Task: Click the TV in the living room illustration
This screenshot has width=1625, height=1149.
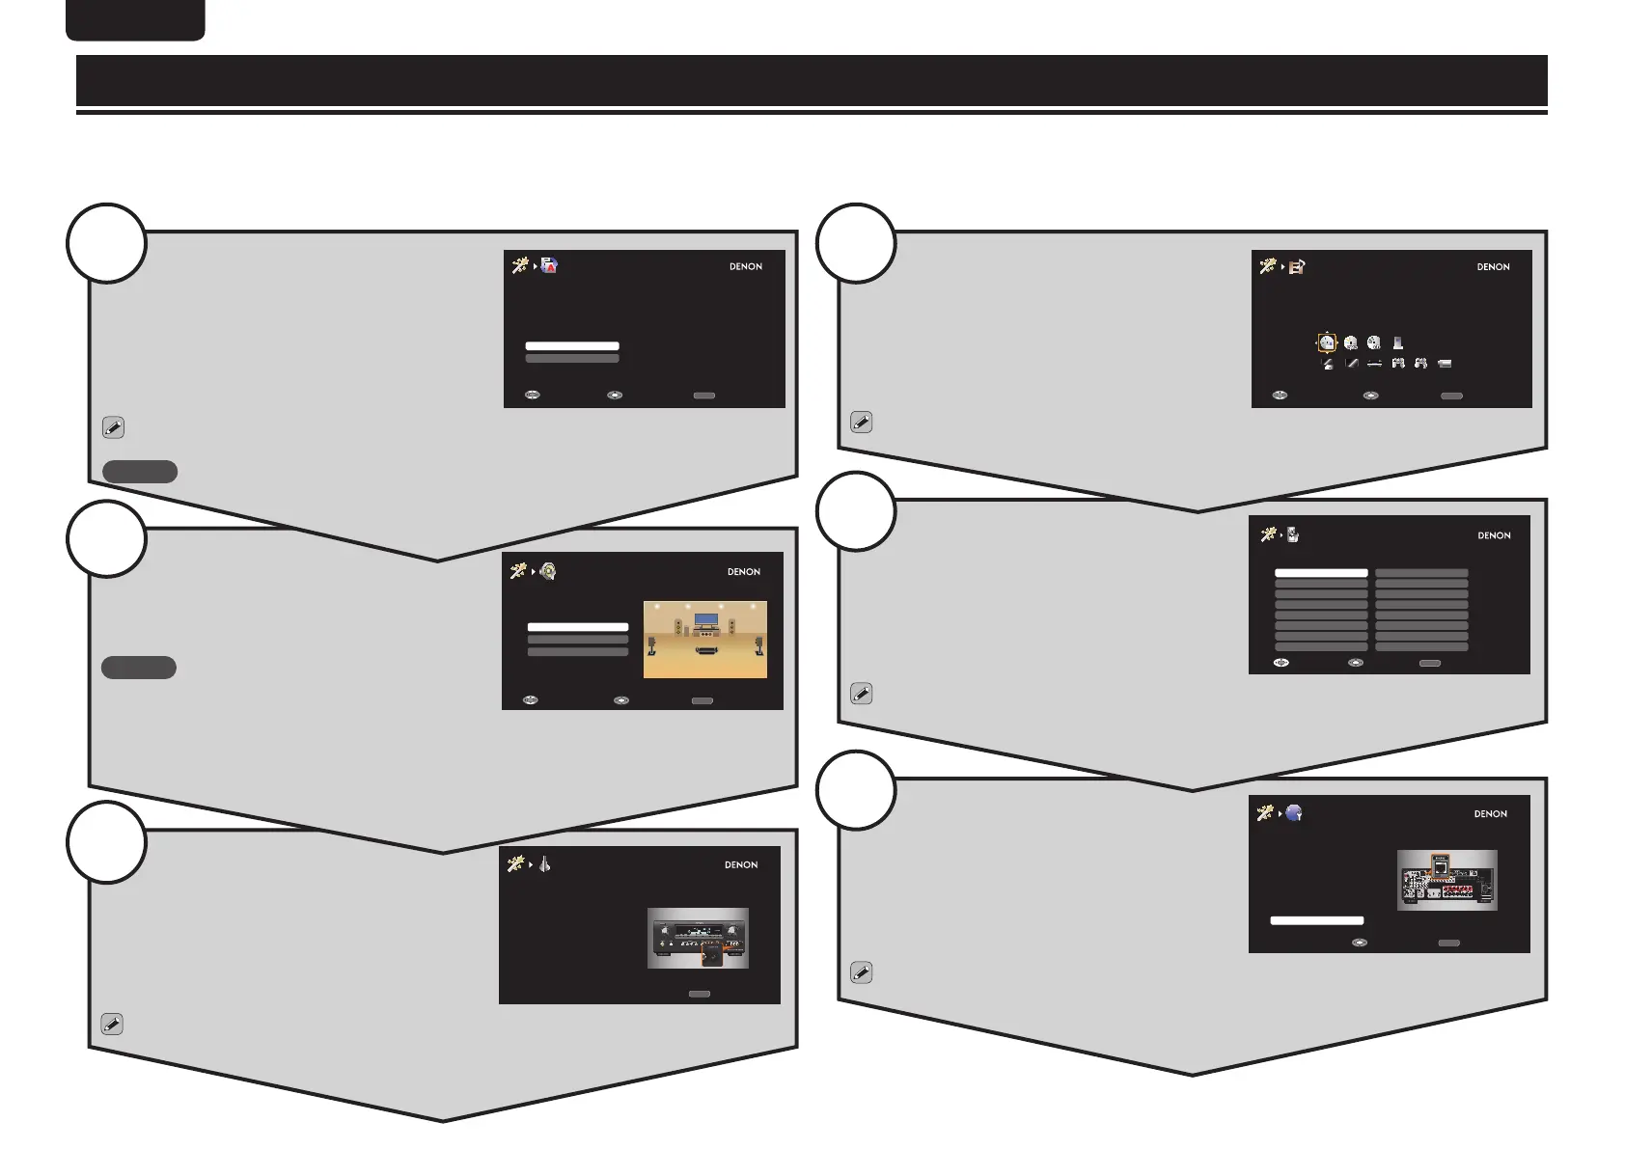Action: (x=706, y=619)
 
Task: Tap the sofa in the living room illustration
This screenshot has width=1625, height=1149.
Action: (x=706, y=651)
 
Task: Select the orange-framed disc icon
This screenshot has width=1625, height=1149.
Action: (x=1327, y=342)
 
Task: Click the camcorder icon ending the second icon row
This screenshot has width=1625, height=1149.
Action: (x=1445, y=364)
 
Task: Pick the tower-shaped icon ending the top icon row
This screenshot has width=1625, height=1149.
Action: (x=1397, y=342)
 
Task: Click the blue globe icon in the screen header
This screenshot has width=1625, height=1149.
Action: (x=1294, y=813)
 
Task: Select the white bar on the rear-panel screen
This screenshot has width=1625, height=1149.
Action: (x=1316, y=920)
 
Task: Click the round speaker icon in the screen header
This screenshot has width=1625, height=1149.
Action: (x=548, y=571)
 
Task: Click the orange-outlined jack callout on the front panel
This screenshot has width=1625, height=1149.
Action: (x=711, y=954)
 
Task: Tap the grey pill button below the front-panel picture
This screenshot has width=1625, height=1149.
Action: (x=699, y=994)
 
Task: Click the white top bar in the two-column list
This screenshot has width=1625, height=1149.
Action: (x=1321, y=573)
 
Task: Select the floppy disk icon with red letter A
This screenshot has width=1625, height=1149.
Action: (x=549, y=266)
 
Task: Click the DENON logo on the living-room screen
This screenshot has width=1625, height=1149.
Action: (x=743, y=572)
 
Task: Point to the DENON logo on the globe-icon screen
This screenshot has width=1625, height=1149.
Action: (x=1490, y=814)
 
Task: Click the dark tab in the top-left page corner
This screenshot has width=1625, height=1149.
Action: (x=135, y=19)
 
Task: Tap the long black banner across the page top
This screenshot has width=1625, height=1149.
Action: (x=812, y=80)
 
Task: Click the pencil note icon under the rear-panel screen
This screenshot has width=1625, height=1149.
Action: (x=861, y=972)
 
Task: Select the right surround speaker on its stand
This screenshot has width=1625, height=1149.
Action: (x=758, y=643)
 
